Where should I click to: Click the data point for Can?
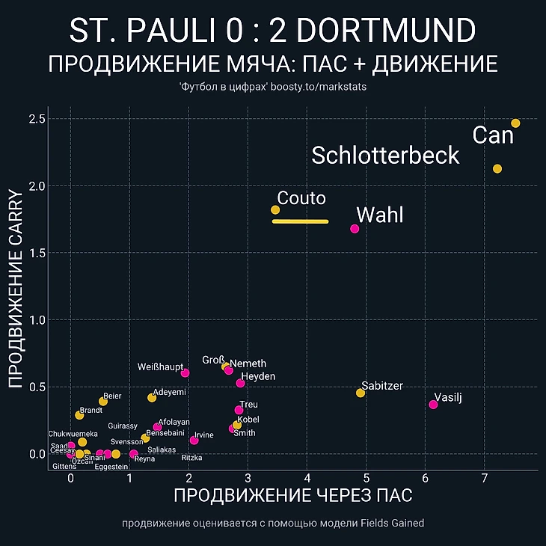[x=515, y=123]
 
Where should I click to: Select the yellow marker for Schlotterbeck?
[x=497, y=168]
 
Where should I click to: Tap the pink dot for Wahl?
[x=355, y=228]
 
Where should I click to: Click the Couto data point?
[x=275, y=209]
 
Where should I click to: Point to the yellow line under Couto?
[x=300, y=221]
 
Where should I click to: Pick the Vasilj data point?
[x=433, y=405]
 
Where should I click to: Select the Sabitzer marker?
[x=361, y=393]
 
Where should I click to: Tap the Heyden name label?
[x=258, y=376]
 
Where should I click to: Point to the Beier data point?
[x=103, y=402]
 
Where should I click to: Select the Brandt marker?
[x=79, y=414]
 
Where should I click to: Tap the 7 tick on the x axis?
[x=485, y=478]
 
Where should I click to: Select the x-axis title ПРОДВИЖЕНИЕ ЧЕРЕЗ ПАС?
[x=292, y=495]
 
